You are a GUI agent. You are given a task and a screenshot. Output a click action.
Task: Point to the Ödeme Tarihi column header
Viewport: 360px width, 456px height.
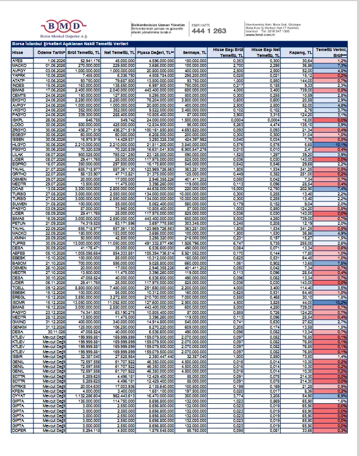pos(50,52)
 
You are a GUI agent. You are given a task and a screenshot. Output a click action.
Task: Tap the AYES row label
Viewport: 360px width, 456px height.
pos(17,60)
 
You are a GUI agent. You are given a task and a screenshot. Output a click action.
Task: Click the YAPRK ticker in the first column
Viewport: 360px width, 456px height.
pos(18,75)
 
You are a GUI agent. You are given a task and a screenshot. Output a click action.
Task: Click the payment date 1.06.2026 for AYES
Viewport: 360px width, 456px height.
pos(55,60)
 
